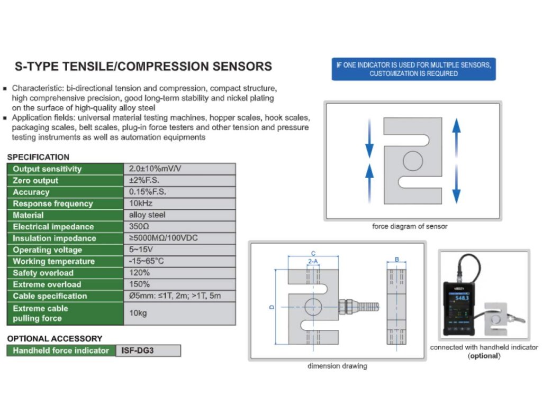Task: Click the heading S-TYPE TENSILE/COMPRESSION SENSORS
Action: point(143,67)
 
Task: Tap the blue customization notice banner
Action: point(413,69)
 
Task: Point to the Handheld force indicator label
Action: point(61,350)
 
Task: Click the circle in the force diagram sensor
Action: point(412,161)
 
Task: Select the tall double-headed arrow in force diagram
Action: point(456,161)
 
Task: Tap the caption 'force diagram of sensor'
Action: point(410,226)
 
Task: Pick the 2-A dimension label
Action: point(313,261)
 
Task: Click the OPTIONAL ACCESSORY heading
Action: point(55,338)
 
